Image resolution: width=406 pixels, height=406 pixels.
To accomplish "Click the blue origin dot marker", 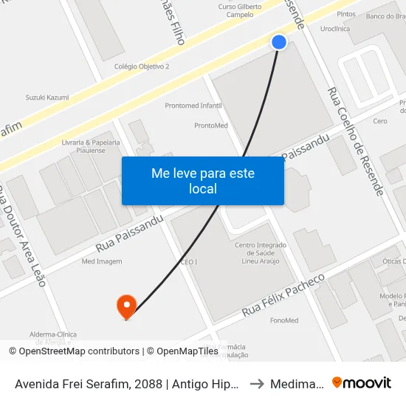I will [x=279, y=42].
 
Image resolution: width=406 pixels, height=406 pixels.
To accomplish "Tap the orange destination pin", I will [x=127, y=306].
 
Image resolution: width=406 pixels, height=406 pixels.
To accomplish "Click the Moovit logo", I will [x=362, y=383].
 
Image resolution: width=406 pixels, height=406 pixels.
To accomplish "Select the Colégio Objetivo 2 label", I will [x=142, y=66].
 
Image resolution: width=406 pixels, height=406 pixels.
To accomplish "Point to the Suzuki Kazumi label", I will [x=47, y=97].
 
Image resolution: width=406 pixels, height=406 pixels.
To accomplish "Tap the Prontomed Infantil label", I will [x=193, y=106].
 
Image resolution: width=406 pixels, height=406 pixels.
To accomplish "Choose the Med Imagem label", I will [x=102, y=261].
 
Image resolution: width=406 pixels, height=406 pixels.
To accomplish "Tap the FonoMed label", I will [x=284, y=320].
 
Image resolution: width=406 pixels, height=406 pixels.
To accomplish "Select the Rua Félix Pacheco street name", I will [x=283, y=295].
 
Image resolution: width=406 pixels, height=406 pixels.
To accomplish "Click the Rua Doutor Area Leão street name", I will [x=22, y=235].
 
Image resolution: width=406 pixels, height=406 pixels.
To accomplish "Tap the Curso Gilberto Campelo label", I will [x=241, y=10].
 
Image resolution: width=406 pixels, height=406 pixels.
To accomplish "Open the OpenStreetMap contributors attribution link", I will [x=79, y=351].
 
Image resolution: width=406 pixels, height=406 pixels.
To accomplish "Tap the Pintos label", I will [x=345, y=14].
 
